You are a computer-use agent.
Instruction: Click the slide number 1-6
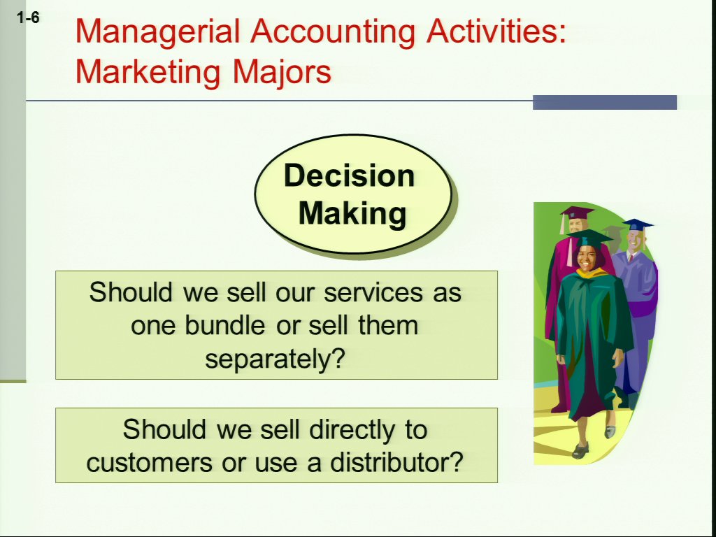(x=28, y=17)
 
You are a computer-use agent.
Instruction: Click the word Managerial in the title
(x=157, y=31)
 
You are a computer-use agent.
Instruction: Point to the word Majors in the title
(x=282, y=72)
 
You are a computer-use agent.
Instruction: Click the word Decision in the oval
(x=350, y=176)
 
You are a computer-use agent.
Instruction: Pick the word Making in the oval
(x=352, y=213)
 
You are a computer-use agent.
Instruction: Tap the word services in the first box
(x=373, y=292)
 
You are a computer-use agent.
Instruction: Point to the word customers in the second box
(x=150, y=463)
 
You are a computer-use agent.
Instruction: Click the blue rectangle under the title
(x=605, y=102)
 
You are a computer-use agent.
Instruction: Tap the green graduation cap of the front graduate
(x=590, y=238)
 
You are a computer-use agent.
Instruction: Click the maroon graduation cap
(x=577, y=213)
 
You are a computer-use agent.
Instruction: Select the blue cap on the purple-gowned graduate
(x=638, y=225)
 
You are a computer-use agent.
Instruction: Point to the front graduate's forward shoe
(x=580, y=451)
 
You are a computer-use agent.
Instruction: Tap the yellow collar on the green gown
(x=592, y=273)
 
